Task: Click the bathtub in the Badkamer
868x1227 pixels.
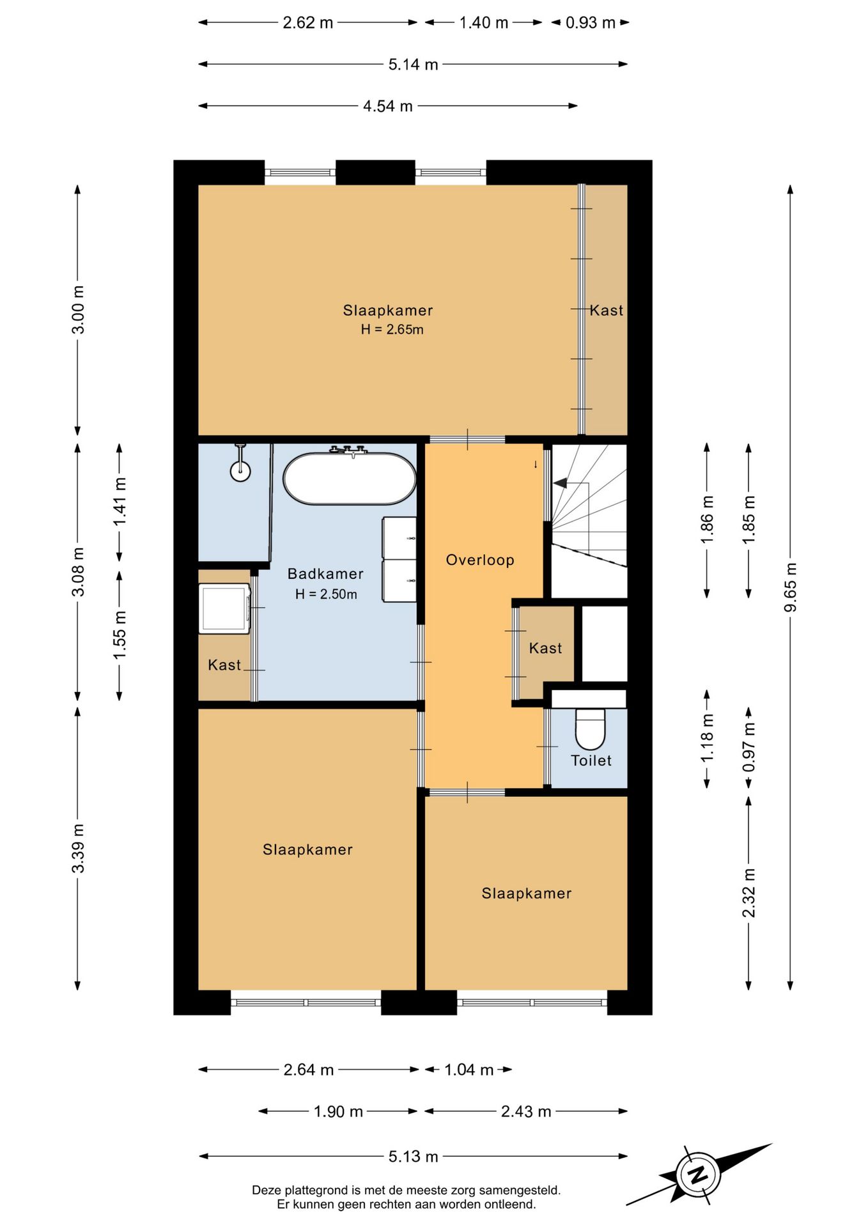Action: (x=350, y=479)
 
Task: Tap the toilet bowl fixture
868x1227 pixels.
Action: (x=590, y=729)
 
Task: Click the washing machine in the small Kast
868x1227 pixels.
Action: (x=224, y=608)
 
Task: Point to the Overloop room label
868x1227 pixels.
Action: (x=480, y=560)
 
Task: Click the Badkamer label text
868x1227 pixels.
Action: (x=325, y=574)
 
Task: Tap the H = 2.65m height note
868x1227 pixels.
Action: (x=392, y=330)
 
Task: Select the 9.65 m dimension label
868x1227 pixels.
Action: (x=791, y=587)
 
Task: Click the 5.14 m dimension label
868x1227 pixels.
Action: (x=413, y=65)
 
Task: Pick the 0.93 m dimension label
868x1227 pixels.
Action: (x=591, y=23)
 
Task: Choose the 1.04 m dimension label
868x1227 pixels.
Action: (x=469, y=1070)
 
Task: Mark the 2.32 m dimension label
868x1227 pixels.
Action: (x=749, y=893)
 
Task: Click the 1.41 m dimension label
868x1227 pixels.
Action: (x=120, y=502)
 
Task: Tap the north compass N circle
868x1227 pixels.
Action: (x=699, y=1175)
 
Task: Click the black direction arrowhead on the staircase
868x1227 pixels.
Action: (x=560, y=483)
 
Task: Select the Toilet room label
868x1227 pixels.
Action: (x=591, y=760)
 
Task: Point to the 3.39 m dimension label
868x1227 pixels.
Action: (x=78, y=848)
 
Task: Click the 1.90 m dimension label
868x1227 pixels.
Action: (x=338, y=1112)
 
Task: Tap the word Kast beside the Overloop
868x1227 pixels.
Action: (x=545, y=648)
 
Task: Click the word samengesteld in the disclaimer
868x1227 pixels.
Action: (x=520, y=1190)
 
